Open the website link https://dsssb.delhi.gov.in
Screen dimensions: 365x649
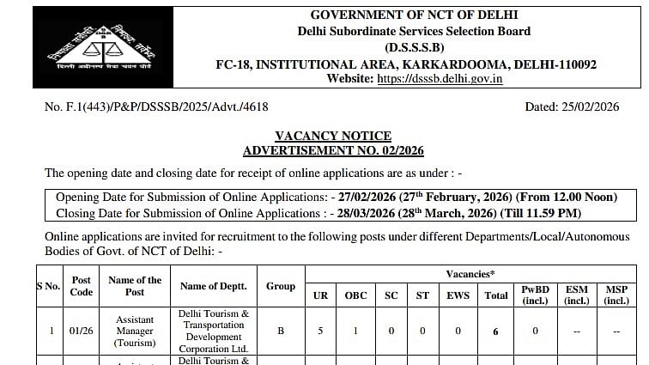click(x=440, y=79)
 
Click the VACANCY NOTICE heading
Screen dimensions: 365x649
click(x=332, y=136)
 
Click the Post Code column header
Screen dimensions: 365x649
click(x=82, y=286)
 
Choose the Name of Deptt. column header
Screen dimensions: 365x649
click(x=214, y=286)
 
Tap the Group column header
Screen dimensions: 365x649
click(x=281, y=286)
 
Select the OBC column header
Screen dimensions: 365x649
click(x=356, y=295)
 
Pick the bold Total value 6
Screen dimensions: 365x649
click(x=495, y=331)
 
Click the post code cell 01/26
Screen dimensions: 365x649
click(x=82, y=331)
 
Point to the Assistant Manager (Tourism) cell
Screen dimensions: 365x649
click(x=136, y=331)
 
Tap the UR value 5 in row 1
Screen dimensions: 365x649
click(x=319, y=331)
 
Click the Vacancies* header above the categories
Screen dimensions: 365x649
click(x=470, y=274)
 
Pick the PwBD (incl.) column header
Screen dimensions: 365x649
click(x=536, y=295)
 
